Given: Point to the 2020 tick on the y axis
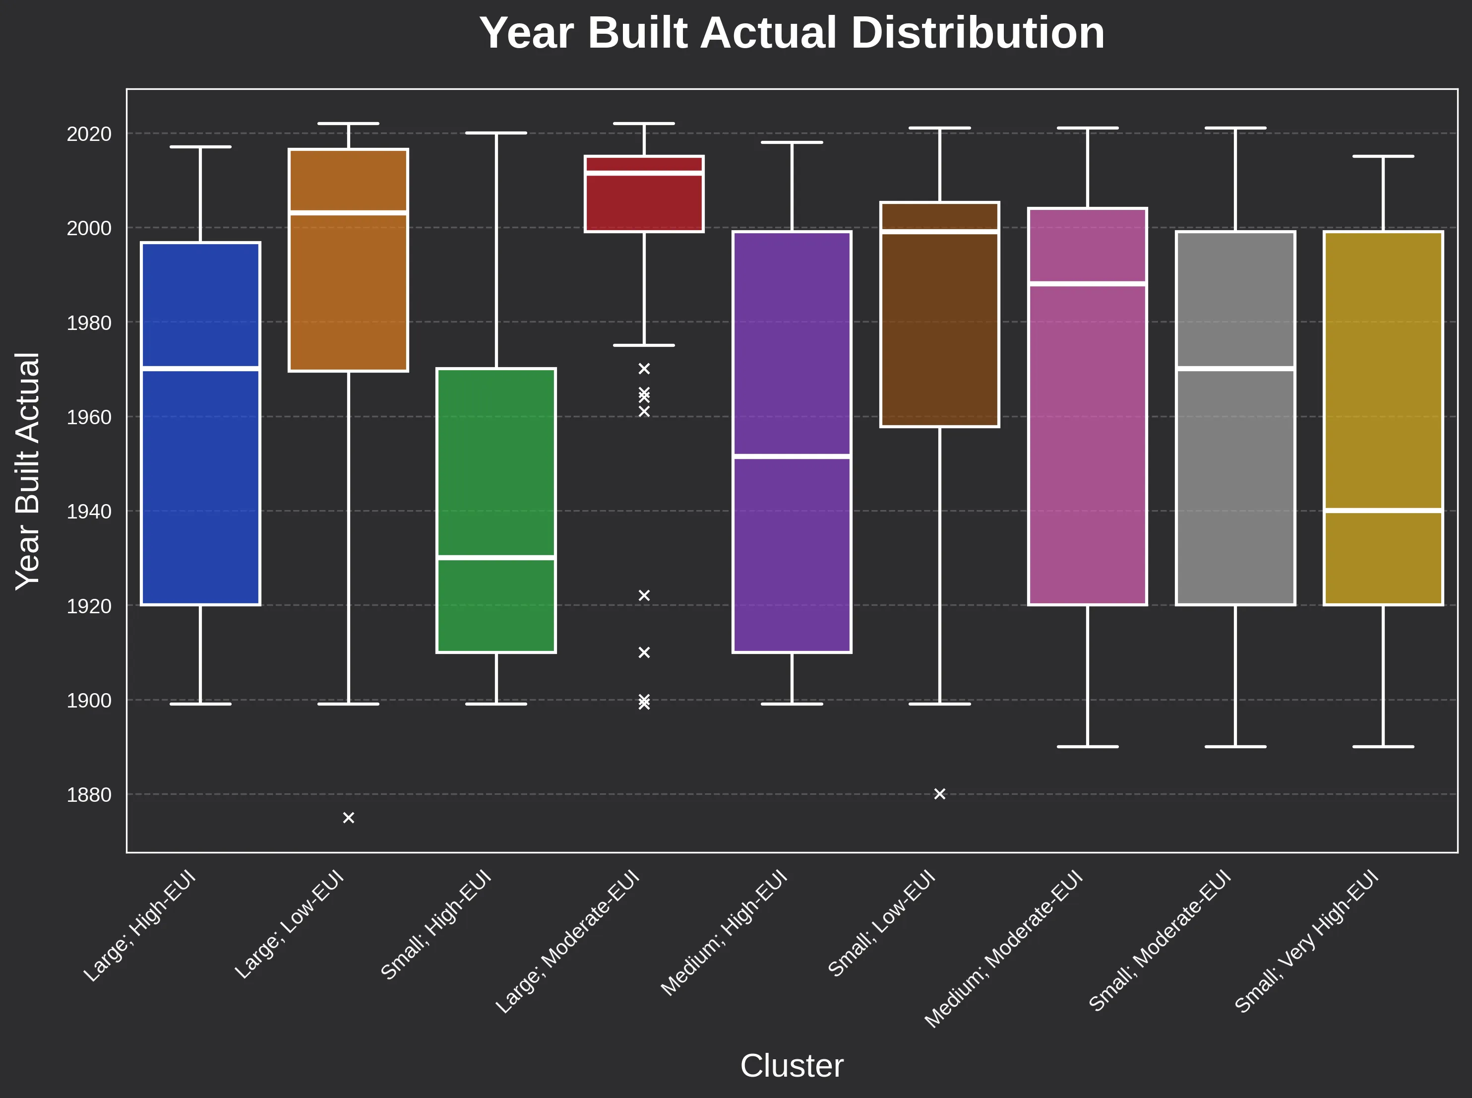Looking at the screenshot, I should click(x=89, y=133).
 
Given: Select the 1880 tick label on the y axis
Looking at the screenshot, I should click(x=89, y=795).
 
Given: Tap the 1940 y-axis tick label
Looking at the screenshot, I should click(x=89, y=512).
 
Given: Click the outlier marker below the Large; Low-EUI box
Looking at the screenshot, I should click(x=348, y=818).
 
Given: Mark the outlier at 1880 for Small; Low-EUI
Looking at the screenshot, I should click(x=939, y=793).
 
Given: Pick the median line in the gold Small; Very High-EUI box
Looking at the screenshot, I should click(x=1383, y=511).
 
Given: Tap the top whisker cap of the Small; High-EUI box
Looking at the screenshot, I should click(x=495, y=133).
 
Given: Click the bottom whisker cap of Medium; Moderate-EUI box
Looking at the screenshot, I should click(x=1088, y=746).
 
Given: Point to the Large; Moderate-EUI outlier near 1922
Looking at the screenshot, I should click(x=644, y=595).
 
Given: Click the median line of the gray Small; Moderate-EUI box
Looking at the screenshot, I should click(x=1235, y=368).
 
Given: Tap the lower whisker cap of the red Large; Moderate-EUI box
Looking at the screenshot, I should click(x=644, y=345).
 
